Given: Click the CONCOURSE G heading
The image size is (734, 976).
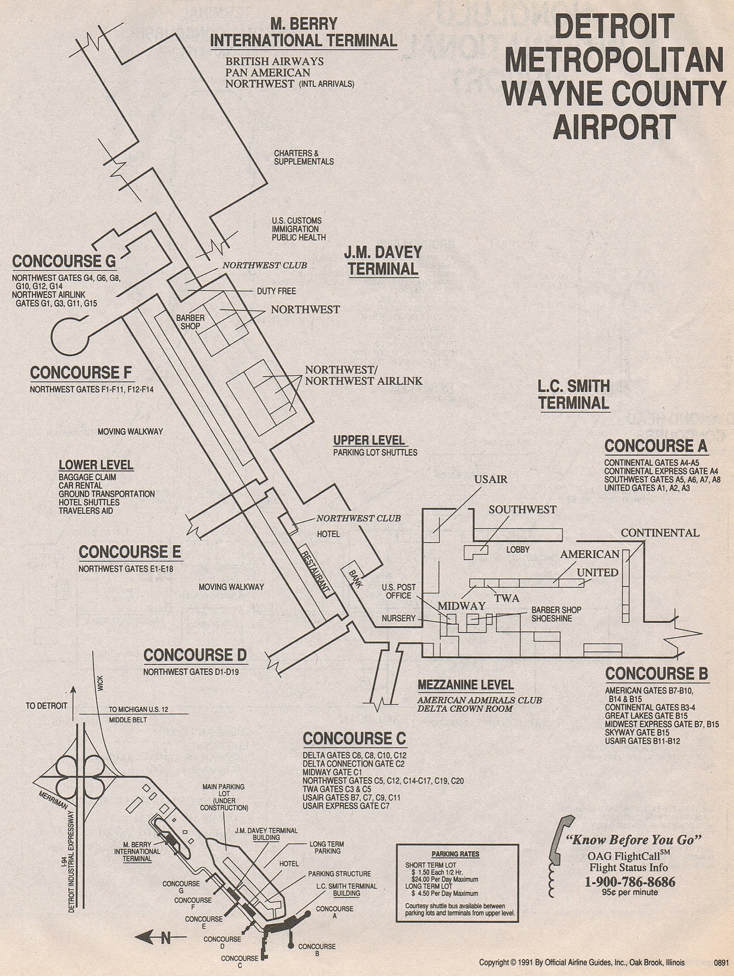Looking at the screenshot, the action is pyautogui.click(x=64, y=261).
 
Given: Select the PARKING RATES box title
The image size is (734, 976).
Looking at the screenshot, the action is pyautogui.click(x=455, y=854).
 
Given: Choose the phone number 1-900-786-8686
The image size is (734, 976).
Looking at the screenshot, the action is pyautogui.click(x=629, y=882).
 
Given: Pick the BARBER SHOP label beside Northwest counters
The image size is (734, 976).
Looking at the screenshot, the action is pyautogui.click(x=190, y=322).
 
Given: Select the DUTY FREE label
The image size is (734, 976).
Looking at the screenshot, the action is pyautogui.click(x=276, y=291).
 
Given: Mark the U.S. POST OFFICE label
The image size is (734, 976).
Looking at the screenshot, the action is pyautogui.click(x=399, y=592).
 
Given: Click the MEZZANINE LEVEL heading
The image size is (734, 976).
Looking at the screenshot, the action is pyautogui.click(x=465, y=684).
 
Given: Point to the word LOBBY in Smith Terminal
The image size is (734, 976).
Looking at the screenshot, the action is pyautogui.click(x=517, y=550).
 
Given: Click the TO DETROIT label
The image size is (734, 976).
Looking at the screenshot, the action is pyautogui.click(x=46, y=706).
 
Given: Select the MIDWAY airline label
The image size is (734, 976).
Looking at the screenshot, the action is pyautogui.click(x=462, y=606).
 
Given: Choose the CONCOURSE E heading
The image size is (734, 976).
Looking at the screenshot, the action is pyautogui.click(x=130, y=552).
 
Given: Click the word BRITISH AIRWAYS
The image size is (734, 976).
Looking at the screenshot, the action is pyautogui.click(x=275, y=61).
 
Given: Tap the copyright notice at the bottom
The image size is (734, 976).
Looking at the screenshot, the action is pyautogui.click(x=582, y=963).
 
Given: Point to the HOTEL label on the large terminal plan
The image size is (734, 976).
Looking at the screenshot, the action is pyautogui.click(x=328, y=534).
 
